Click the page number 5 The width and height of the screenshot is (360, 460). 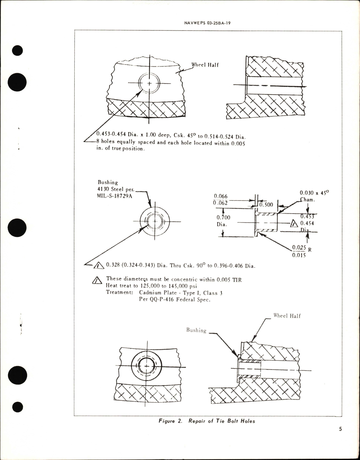340,437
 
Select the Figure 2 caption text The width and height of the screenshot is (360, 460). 207,421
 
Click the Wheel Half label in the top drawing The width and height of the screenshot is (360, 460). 205,65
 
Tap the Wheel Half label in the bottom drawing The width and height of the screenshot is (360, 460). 287,316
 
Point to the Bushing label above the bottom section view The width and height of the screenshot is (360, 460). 196,330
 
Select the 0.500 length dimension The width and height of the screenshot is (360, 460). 266,205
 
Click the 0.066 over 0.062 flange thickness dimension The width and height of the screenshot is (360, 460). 220,199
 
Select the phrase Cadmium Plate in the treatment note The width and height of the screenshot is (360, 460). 154,293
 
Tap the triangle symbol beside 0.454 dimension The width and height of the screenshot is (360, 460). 294,223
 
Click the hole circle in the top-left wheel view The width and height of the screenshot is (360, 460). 149,84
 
